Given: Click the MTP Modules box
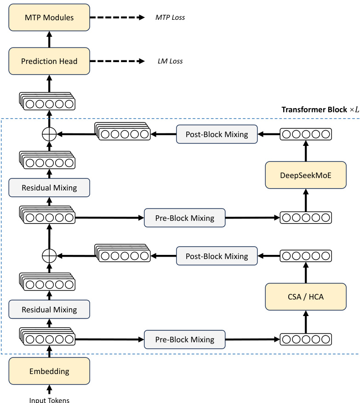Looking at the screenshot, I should pos(49,18).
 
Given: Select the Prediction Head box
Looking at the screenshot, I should pos(49,61).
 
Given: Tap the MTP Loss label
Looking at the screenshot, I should pos(170,18).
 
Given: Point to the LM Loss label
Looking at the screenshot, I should pos(170,61).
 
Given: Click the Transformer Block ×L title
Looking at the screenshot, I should pos(320,110).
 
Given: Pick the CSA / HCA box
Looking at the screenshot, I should pos(305,296).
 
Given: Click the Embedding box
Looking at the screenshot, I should pos(49,371).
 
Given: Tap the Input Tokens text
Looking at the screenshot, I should pos(49,400).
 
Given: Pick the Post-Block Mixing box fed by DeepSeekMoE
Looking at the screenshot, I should pos(217,135).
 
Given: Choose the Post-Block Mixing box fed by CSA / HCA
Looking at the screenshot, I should pos(217,256).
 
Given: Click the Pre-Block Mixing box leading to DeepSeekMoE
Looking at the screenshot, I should pos(184,218).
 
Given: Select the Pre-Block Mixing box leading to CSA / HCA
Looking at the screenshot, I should pos(184,340).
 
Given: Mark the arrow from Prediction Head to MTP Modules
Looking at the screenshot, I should pos(49,40).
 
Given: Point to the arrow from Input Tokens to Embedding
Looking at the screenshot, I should pos(49,389).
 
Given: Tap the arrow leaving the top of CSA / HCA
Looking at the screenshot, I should pos(305,272).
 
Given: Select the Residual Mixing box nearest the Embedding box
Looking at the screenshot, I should pos(49,310).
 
